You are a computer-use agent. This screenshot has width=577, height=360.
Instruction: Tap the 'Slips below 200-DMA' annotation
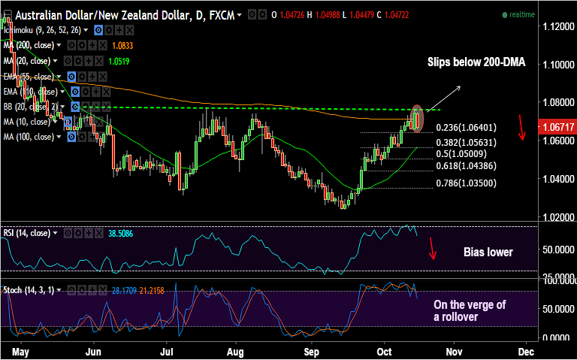475,62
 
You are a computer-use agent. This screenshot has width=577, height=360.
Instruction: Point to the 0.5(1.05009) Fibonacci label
460,154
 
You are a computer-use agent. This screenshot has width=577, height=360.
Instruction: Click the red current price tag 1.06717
557,128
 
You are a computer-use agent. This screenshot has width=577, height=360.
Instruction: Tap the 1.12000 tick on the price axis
557,26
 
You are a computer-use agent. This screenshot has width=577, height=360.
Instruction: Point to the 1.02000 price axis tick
557,218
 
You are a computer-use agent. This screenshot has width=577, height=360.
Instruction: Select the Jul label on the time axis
168,351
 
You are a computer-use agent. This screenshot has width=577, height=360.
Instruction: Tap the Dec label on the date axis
525,351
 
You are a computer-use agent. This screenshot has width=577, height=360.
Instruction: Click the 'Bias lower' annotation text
488,252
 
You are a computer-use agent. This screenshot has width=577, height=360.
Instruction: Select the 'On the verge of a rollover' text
470,310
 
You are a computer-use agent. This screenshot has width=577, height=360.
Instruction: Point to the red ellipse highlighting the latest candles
417,118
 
